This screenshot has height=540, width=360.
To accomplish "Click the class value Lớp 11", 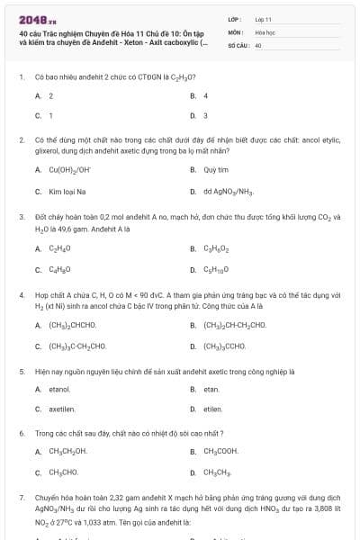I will coord(263,18).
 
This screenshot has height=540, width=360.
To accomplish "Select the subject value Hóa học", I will coord(265,31).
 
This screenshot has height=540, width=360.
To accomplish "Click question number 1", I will coord(21,77).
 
